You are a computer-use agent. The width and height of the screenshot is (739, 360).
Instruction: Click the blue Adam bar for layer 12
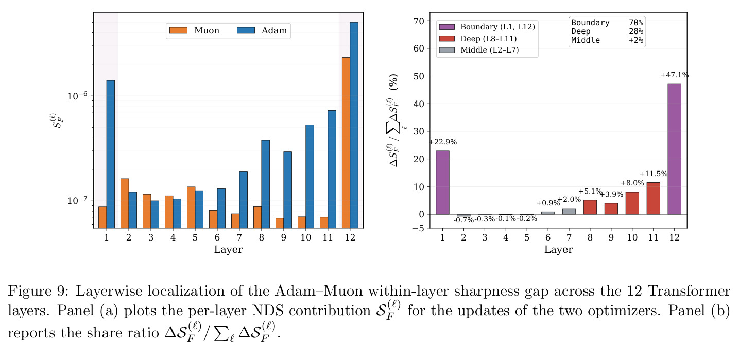pos(354,125)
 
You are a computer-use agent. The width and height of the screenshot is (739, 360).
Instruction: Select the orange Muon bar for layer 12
pos(346,143)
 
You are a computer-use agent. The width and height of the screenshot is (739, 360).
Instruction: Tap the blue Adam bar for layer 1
pos(111,154)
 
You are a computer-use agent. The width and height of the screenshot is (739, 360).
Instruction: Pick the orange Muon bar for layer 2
pos(125,203)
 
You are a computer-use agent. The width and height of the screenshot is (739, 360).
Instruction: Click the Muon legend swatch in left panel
pos(179,30)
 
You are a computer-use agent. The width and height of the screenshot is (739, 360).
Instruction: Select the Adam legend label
pos(274,30)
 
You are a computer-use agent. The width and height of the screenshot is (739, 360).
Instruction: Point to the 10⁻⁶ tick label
pos(77,96)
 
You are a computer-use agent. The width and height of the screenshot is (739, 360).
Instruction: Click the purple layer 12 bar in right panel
pos(674,149)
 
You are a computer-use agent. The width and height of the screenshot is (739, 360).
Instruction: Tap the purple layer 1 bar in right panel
pos(442,182)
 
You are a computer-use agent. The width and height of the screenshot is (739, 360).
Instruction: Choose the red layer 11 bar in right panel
pos(653,198)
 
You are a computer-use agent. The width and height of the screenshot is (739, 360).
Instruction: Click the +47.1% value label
pos(674,75)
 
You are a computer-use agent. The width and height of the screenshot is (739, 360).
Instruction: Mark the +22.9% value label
pos(443,142)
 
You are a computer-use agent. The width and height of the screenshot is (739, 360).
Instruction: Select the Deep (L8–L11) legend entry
pos(478,39)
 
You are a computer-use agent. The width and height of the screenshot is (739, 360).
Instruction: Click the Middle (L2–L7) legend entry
pos(479,50)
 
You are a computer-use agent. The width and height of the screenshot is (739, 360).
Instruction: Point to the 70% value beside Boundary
pos(635,23)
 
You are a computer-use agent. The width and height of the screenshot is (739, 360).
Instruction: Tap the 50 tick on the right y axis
pos(418,76)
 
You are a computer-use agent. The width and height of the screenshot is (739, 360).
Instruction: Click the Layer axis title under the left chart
pos(228,249)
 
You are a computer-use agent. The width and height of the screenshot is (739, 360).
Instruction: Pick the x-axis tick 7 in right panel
pos(569,237)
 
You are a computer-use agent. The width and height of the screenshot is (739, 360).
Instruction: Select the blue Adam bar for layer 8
pos(266,184)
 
